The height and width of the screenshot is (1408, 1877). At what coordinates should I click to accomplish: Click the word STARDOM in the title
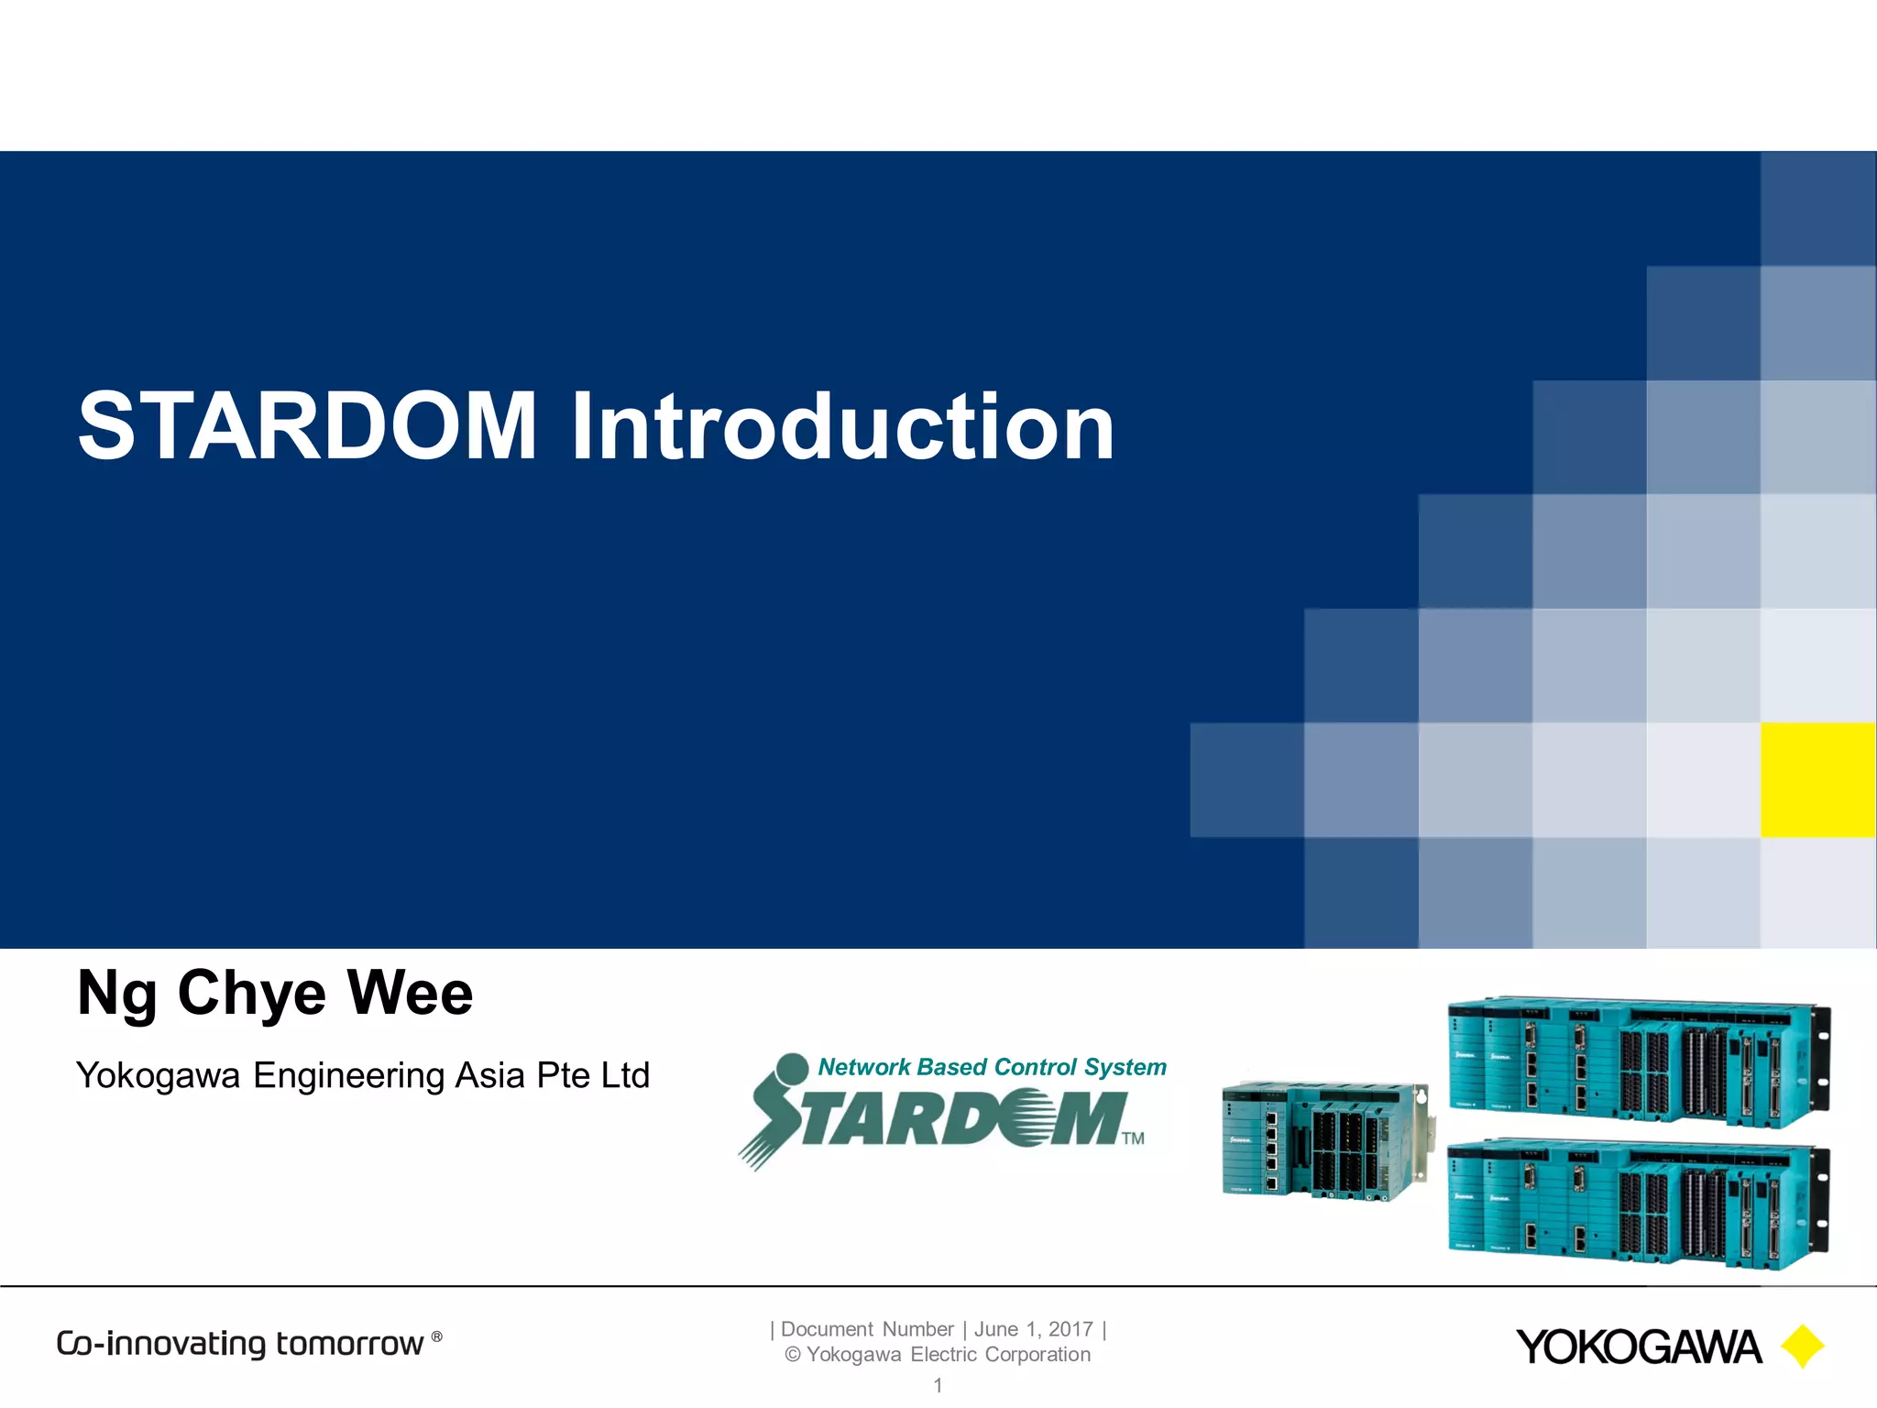[x=307, y=426]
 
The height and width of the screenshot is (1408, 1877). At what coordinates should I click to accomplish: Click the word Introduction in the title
[x=841, y=426]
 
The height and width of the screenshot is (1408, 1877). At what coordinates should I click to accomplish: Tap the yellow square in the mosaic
[x=1817, y=780]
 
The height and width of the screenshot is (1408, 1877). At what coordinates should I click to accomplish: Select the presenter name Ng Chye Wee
[x=275, y=994]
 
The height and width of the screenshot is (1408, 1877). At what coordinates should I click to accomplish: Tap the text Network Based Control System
[x=992, y=1067]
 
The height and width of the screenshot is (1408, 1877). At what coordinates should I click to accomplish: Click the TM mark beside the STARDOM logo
[x=1134, y=1138]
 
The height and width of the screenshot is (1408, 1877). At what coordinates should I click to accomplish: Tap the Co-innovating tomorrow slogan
[x=240, y=1344]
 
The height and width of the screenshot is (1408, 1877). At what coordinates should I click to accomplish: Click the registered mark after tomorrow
[x=437, y=1336]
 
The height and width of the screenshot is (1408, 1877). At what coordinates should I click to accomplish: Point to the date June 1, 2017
[x=1033, y=1329]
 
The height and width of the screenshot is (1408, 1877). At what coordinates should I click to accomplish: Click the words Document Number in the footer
[x=867, y=1329]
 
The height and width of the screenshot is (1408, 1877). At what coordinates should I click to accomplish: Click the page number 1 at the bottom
[x=938, y=1385]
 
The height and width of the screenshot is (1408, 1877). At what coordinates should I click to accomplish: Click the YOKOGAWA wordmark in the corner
[x=1638, y=1347]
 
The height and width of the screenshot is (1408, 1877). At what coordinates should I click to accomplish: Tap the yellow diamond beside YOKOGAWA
[x=1802, y=1347]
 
